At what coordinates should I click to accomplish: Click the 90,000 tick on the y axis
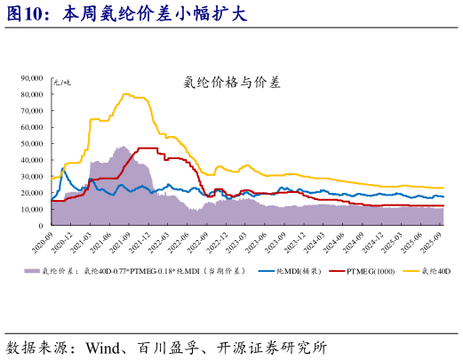[32, 78]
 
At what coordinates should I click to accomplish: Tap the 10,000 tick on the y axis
[32, 194]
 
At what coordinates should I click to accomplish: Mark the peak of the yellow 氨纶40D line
[127, 94]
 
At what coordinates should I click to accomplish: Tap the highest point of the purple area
[123, 147]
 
